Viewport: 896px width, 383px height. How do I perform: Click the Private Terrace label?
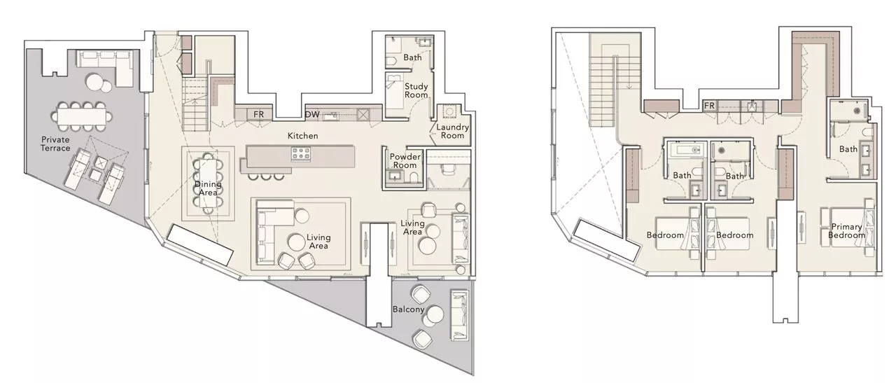tap(55, 144)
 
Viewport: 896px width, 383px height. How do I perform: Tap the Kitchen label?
tap(303, 136)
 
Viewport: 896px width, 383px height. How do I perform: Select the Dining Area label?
tap(208, 188)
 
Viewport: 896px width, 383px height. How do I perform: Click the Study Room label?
tap(416, 90)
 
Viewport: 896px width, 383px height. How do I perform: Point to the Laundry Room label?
tap(452, 131)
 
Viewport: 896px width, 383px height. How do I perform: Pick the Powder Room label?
tap(405, 161)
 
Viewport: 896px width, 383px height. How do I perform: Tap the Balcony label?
tap(408, 309)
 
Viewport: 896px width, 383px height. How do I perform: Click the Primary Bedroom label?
tap(846, 231)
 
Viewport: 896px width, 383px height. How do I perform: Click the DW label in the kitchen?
tap(312, 114)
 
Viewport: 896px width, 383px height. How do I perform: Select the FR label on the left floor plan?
tap(259, 114)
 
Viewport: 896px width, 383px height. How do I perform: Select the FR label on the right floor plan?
tap(709, 106)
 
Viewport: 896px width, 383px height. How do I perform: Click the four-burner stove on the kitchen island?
tap(301, 154)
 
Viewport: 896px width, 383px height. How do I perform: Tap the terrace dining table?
tap(82, 117)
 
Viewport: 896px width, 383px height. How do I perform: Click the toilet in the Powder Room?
tap(414, 176)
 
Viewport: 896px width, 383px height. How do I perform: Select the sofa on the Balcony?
tap(460, 314)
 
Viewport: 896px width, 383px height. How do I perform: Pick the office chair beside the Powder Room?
tap(447, 169)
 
